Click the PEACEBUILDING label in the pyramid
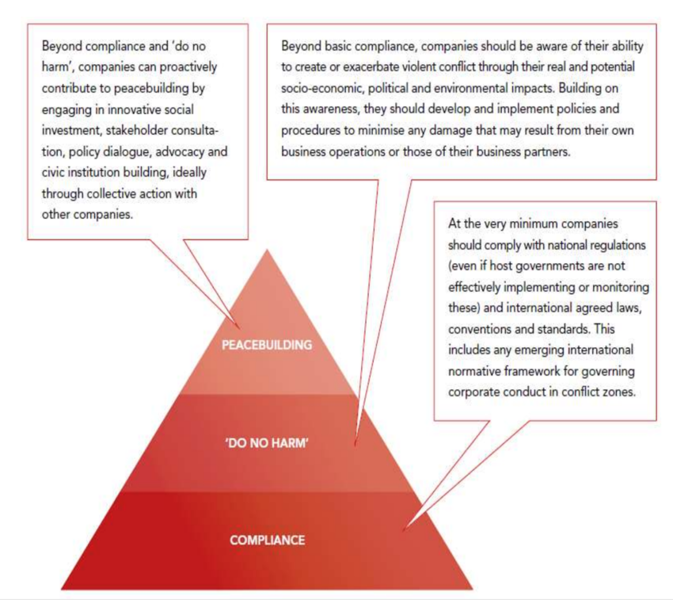267,345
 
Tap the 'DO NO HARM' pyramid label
267,443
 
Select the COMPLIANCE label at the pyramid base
267,541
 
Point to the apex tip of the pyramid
267,250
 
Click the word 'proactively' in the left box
188,67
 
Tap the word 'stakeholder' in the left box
136,130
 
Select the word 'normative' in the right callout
474,371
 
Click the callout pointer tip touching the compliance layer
404,531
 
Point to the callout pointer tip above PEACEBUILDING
238,328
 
